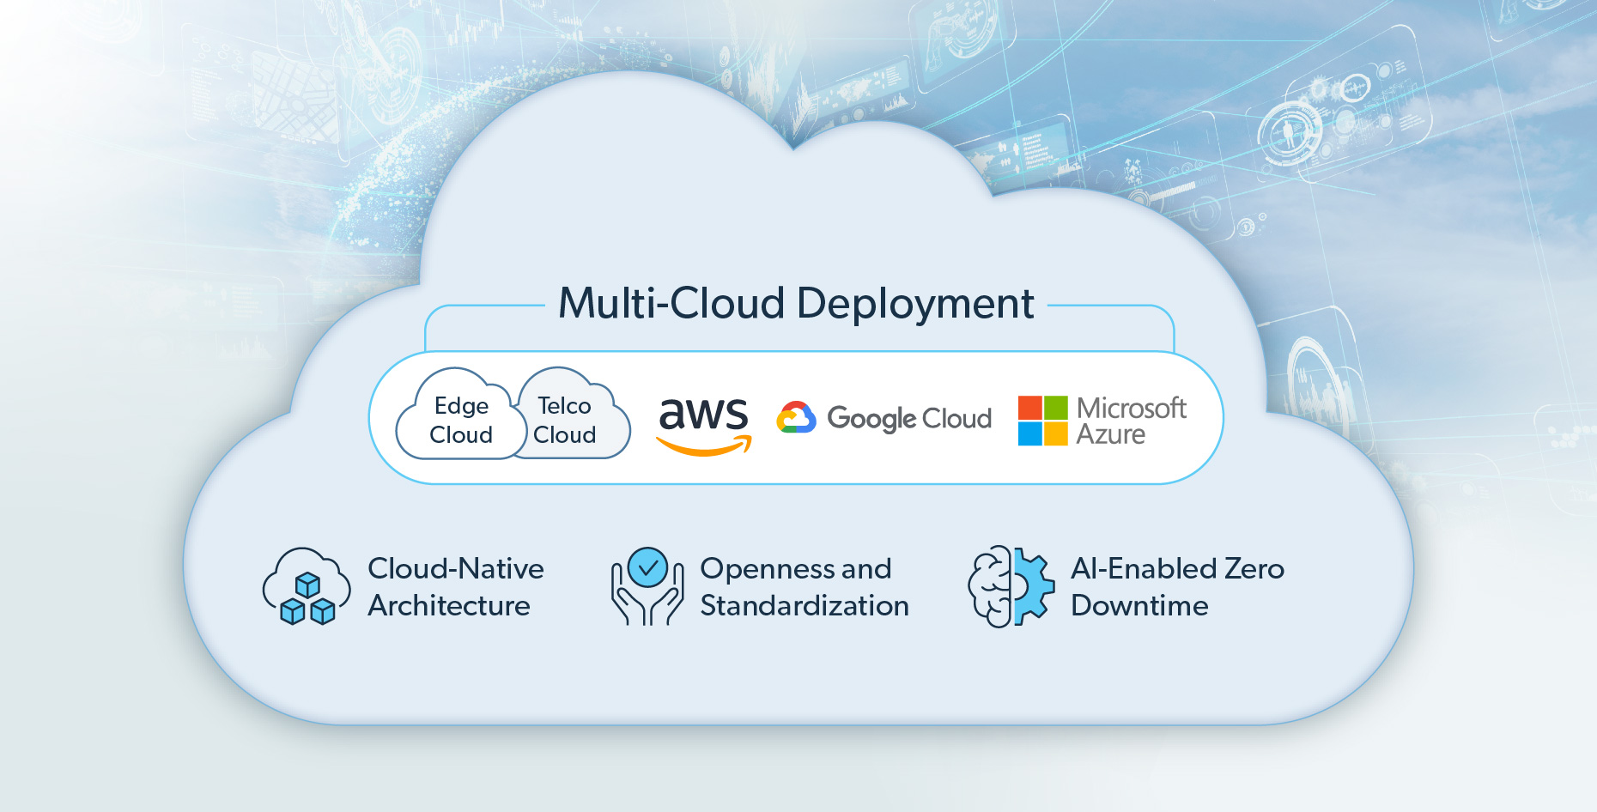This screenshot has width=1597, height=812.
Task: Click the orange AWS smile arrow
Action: (704, 446)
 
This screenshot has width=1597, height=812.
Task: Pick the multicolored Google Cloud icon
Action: (796, 418)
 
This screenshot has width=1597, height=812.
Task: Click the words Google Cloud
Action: (909, 419)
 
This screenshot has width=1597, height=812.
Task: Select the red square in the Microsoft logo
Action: (1029, 408)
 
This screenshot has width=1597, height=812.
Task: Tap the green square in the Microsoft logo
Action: (1056, 408)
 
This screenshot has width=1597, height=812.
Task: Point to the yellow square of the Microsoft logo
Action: (1056, 433)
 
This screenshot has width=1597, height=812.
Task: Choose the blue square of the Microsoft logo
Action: (1029, 433)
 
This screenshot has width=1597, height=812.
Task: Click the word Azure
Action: (1110, 434)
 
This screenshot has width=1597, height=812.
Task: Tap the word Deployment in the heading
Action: (915, 304)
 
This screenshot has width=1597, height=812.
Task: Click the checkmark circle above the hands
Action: (647, 567)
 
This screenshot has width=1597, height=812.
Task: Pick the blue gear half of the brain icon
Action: (1034, 586)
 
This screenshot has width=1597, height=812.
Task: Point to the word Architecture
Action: (449, 606)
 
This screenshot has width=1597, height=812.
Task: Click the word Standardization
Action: (805, 606)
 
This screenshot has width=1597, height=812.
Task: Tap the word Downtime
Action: (1139, 606)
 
